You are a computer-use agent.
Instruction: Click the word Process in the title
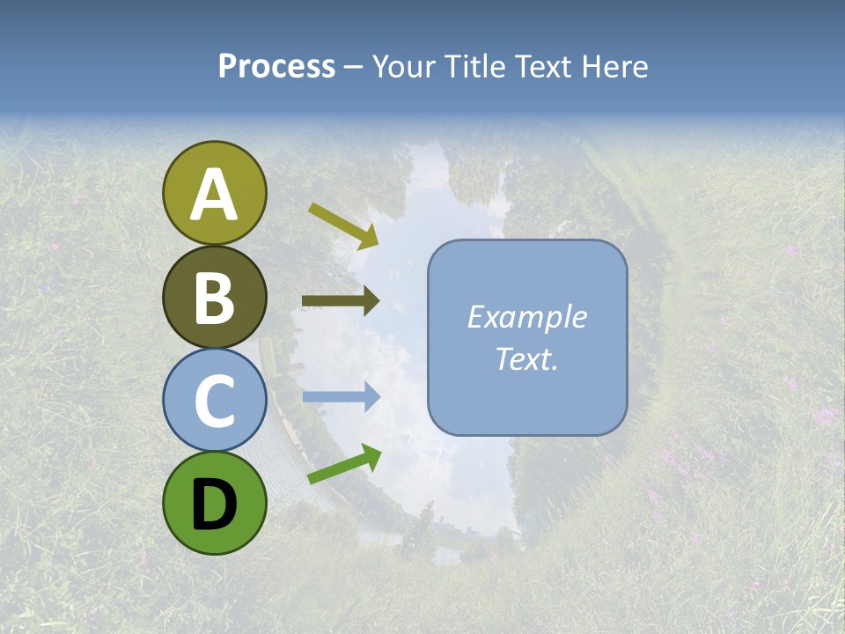[276, 66]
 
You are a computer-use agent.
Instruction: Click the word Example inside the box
[526, 317]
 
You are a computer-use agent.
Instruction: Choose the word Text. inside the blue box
[526, 358]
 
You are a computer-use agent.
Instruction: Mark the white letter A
[214, 195]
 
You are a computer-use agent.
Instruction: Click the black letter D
[214, 505]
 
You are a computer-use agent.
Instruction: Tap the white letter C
[214, 402]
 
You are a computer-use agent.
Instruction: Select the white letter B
[214, 299]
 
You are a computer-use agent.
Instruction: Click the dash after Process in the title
[354, 67]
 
